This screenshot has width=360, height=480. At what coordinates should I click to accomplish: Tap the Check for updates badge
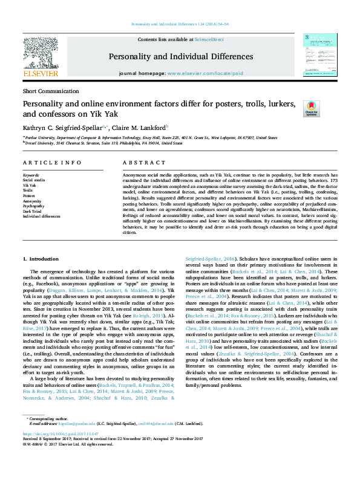point(311,108)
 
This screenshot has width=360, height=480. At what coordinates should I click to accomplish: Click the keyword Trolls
point(28,190)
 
